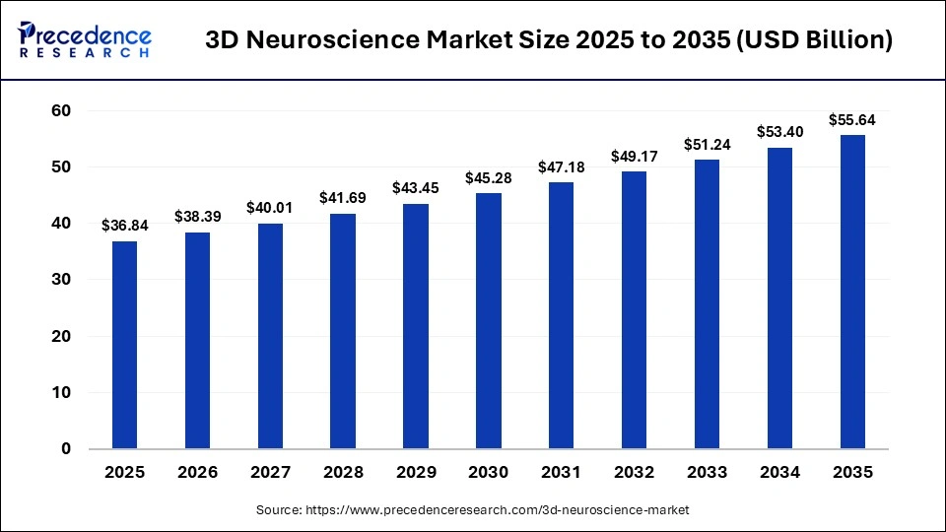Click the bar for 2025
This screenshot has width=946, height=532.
[124, 345]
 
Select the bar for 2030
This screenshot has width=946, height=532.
[488, 321]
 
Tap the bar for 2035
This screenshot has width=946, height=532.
[852, 292]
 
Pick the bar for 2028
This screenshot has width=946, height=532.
[343, 331]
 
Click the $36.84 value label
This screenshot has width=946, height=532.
[124, 226]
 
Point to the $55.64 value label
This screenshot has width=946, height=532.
[852, 120]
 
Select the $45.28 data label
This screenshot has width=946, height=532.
[488, 178]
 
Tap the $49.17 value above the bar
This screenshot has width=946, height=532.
[634, 156]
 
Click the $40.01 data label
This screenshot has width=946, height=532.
[270, 208]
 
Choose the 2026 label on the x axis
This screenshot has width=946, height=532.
[197, 473]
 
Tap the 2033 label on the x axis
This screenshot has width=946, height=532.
[707, 473]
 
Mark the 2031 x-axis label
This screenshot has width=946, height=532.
[561, 473]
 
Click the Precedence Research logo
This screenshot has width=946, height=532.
[85, 39]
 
